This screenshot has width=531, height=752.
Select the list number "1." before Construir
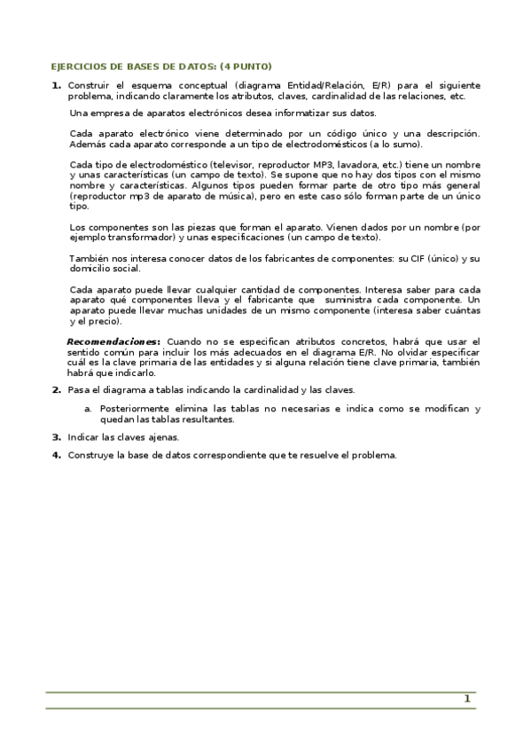56,85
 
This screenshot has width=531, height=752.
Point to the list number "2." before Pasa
56,390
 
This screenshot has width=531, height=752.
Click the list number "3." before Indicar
56,436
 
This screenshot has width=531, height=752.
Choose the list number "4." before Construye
56,455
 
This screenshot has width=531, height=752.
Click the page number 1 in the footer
466,699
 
